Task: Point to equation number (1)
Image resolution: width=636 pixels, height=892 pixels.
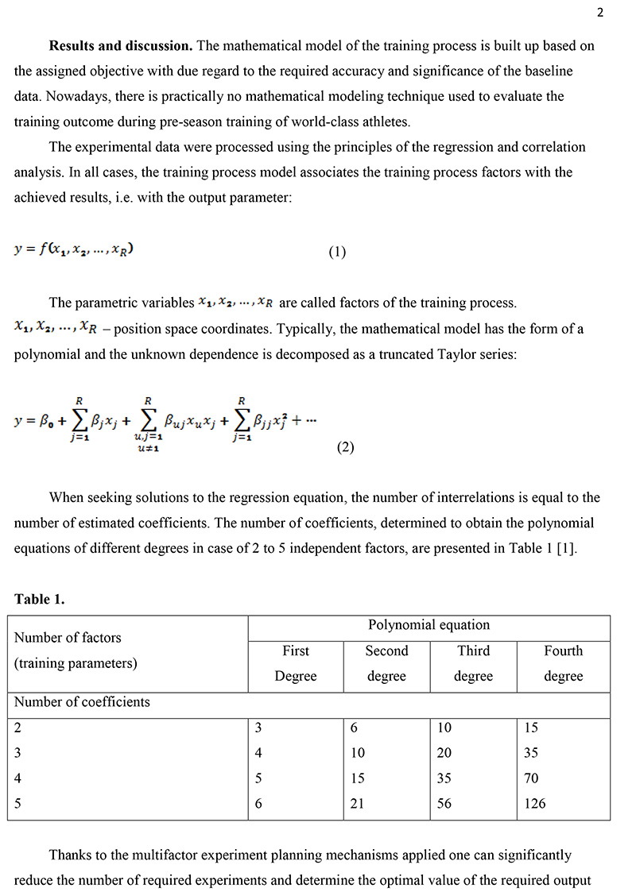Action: tap(337, 253)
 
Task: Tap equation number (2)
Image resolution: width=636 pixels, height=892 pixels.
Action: tap(345, 447)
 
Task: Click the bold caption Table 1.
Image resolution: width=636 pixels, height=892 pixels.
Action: tap(39, 599)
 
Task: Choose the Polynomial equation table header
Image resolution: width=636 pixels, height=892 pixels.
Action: tap(429, 625)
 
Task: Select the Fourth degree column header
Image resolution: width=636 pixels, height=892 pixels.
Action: tap(563, 663)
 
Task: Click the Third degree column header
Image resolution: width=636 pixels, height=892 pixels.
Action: tap(473, 663)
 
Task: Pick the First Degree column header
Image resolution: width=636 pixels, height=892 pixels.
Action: tap(296, 663)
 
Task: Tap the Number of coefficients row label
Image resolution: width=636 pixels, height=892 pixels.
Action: tap(82, 702)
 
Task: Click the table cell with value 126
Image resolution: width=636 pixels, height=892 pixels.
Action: tap(535, 803)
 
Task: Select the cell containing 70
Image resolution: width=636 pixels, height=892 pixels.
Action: tap(531, 778)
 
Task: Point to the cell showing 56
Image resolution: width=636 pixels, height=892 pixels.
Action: tap(444, 803)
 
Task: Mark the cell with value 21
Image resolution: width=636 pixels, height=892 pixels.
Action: tap(357, 803)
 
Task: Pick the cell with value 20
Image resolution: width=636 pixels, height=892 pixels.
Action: tap(444, 752)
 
